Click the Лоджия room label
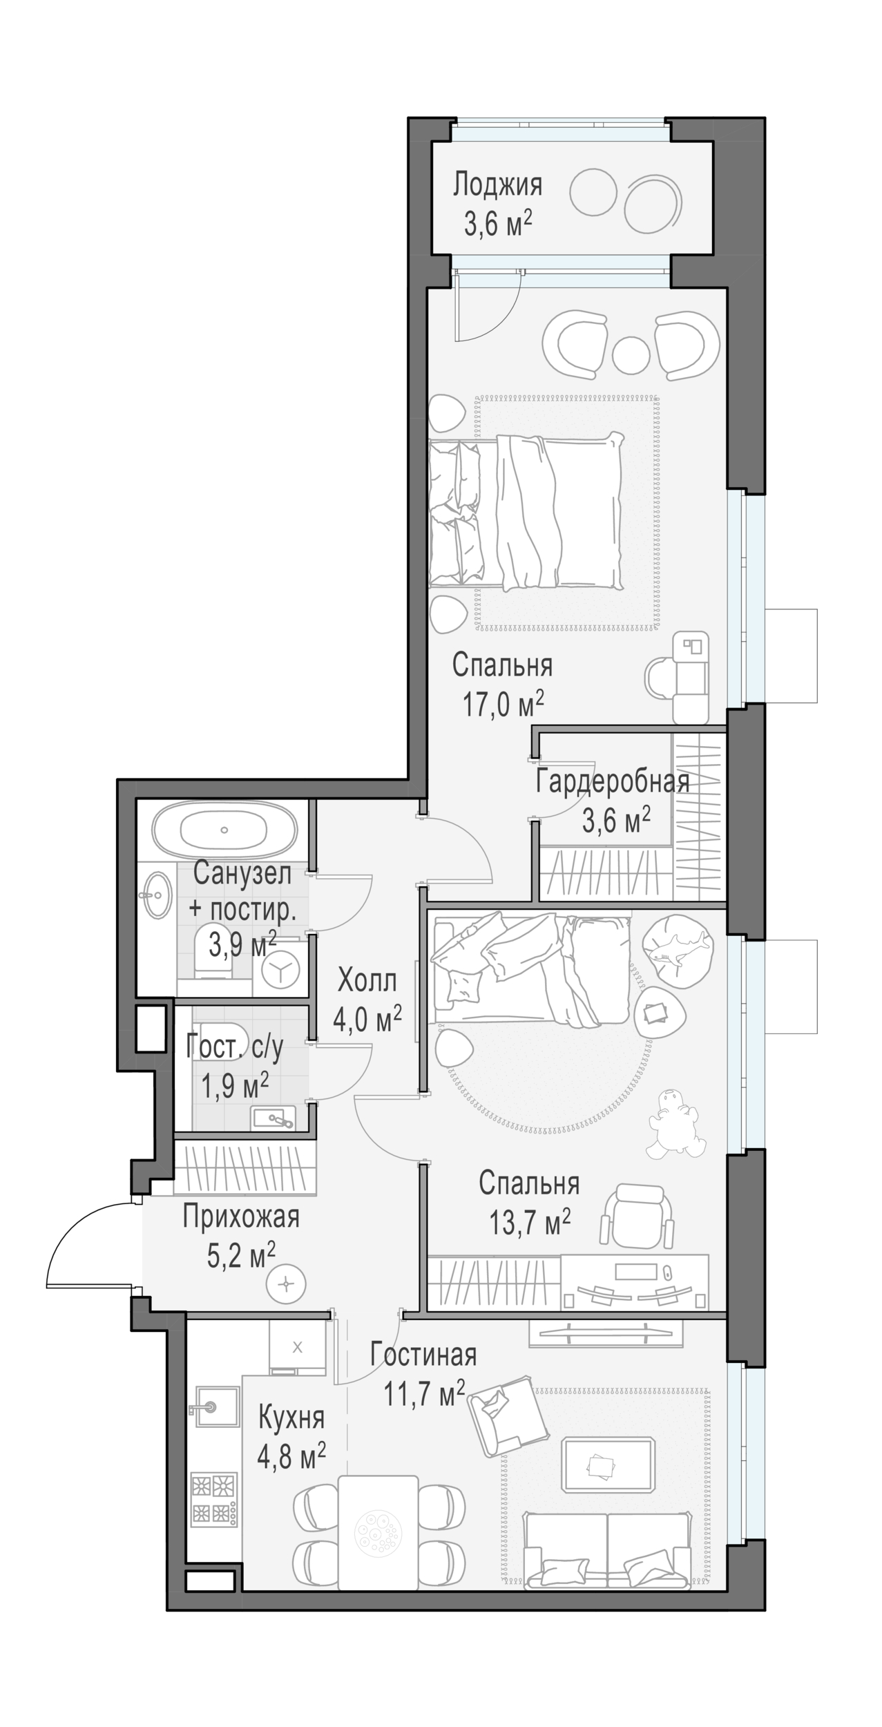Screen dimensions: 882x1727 (x=497, y=185)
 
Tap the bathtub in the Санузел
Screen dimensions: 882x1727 (x=224, y=830)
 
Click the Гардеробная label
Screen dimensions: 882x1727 (x=613, y=782)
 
